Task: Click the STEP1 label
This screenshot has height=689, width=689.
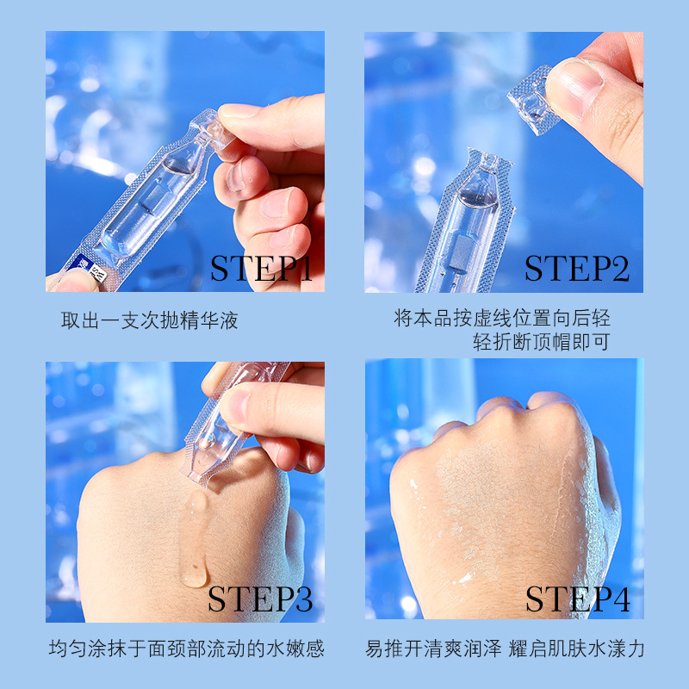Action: pos(261,268)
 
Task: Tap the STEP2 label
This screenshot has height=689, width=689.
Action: pos(577,268)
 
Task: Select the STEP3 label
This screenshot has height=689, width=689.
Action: pos(260,599)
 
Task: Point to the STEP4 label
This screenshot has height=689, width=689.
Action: pos(578,599)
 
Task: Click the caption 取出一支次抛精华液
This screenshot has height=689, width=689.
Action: pos(149,320)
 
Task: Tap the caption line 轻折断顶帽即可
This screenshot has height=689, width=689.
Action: pos(542,342)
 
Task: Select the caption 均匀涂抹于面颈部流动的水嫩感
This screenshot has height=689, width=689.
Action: pos(186,649)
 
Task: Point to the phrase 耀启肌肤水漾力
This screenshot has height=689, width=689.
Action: pos(576,649)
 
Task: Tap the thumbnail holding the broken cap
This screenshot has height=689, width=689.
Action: pos(573,88)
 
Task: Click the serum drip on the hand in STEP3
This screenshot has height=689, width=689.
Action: pos(194,539)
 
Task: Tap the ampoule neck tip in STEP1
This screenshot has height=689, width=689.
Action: pos(212,127)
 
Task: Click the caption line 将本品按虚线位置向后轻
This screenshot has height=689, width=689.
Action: pos(502,318)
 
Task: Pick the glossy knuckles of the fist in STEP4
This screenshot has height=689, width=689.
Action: pos(527,408)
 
